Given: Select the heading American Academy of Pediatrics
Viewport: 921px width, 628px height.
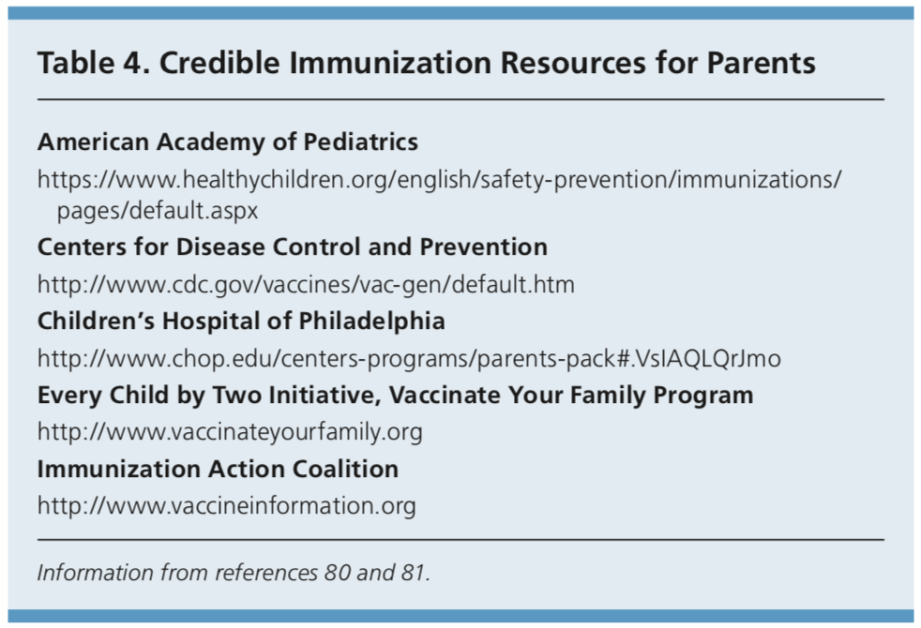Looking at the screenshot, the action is click(x=228, y=142).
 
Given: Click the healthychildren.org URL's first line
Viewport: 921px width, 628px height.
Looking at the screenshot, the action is click(x=439, y=179).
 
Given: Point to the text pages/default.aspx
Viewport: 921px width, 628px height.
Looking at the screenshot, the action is click(x=158, y=210).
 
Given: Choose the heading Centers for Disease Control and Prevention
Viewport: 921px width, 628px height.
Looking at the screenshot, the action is click(x=293, y=247).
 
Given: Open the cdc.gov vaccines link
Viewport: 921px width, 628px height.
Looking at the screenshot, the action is click(x=306, y=285).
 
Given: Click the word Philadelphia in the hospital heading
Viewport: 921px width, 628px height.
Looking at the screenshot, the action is click(x=371, y=321).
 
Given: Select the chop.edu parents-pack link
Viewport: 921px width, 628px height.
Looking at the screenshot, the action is click(x=410, y=358).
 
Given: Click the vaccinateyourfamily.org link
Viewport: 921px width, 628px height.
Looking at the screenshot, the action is click(x=230, y=432).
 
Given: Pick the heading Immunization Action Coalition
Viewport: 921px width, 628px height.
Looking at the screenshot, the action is click(x=218, y=469).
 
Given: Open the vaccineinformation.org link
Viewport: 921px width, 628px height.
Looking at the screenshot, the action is click(x=227, y=506).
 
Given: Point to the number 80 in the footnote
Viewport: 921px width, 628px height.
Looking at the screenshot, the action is click(x=337, y=573).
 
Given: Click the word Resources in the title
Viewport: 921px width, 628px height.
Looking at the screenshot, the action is click(x=573, y=63).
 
